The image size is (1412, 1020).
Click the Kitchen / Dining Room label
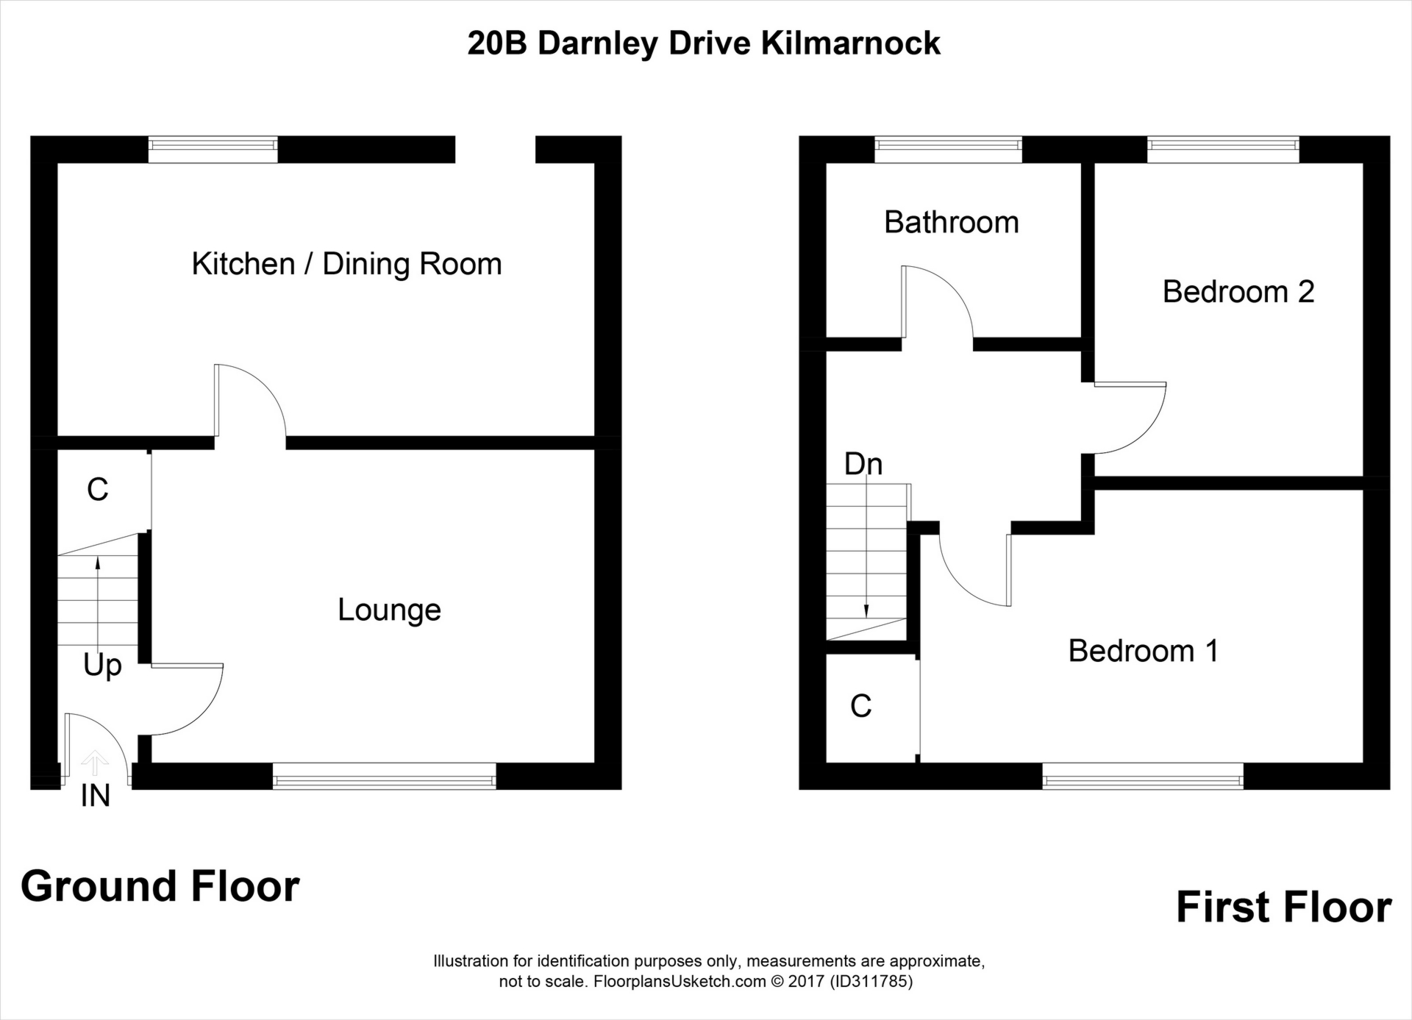(x=346, y=265)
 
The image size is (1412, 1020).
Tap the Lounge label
(x=389, y=610)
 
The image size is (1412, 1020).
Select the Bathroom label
(x=952, y=222)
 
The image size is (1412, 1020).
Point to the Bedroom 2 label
(x=1238, y=292)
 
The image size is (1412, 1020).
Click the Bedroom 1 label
(x=1144, y=651)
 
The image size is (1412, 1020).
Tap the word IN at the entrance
(x=96, y=796)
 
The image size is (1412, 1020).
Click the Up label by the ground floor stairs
(x=102, y=666)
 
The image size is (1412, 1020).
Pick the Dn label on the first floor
(x=863, y=464)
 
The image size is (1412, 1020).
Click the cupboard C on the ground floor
(x=98, y=489)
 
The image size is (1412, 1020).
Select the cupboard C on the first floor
(x=861, y=706)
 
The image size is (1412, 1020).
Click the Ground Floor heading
(x=160, y=886)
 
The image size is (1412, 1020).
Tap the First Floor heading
(x=1284, y=907)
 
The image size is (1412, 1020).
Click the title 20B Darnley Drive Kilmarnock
(x=704, y=43)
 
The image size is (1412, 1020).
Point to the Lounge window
(x=385, y=776)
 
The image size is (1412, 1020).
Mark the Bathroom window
(x=949, y=149)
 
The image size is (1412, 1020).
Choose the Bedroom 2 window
(x=1223, y=149)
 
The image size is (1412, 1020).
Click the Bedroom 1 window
(x=1143, y=776)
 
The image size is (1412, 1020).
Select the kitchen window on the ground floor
(x=213, y=149)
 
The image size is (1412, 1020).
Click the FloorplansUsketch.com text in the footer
(x=680, y=982)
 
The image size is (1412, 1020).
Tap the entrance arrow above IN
(x=94, y=763)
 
